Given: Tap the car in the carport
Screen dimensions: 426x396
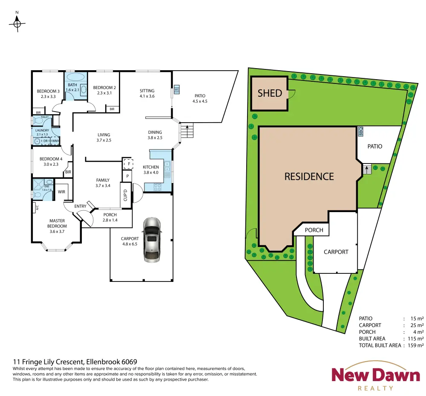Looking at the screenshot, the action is click(x=152, y=240).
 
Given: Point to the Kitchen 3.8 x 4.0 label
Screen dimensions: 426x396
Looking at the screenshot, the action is click(x=151, y=170).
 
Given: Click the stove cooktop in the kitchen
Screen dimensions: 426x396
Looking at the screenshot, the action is click(x=158, y=187).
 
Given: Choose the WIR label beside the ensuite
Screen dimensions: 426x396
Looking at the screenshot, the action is click(x=61, y=192).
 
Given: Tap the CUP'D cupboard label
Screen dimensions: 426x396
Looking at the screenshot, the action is click(x=125, y=195).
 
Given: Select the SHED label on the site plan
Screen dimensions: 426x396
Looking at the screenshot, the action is click(x=270, y=93).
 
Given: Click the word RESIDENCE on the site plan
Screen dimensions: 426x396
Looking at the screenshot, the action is click(x=309, y=177).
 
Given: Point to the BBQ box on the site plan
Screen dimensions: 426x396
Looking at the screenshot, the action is click(x=360, y=132).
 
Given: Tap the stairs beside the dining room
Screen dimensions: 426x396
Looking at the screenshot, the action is click(x=187, y=130).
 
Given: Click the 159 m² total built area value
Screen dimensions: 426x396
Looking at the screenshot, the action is click(x=416, y=345).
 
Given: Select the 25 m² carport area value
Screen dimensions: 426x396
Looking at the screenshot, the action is click(x=417, y=325).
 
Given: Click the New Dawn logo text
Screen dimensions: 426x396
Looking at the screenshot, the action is click(x=376, y=375).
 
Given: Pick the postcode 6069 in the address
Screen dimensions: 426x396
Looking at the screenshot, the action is click(x=130, y=362).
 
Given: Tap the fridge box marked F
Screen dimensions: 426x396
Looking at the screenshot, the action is click(x=128, y=164).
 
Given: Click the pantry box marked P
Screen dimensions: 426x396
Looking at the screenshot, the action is click(x=127, y=176).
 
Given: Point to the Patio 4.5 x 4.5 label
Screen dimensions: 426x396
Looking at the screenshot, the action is click(x=200, y=98).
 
